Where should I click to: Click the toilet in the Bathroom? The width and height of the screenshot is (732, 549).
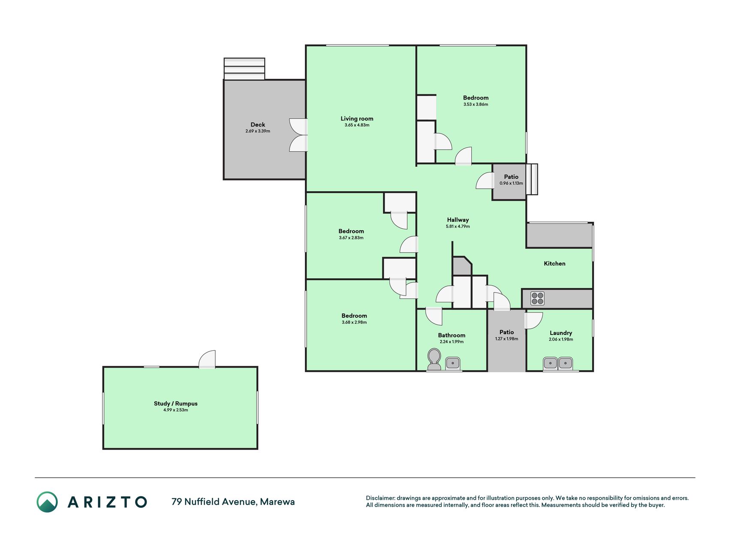(x=434, y=359)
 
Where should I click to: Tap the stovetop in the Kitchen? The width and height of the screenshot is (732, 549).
(x=537, y=298)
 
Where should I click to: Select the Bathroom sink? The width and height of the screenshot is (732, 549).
(x=453, y=363)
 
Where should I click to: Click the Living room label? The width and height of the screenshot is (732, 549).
(x=357, y=118)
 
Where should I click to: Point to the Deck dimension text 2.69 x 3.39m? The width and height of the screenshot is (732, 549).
(x=258, y=131)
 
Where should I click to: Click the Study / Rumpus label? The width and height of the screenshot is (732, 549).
(x=176, y=403)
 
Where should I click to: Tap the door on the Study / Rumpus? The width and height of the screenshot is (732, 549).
(x=207, y=359)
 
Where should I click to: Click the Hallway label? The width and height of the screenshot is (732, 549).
(x=458, y=220)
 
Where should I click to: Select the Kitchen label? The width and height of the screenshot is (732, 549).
(x=554, y=263)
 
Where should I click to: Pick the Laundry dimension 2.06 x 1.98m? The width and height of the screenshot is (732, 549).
(x=561, y=339)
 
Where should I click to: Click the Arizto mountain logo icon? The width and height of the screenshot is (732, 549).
(x=47, y=502)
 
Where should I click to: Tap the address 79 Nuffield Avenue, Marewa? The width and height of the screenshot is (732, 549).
(x=233, y=502)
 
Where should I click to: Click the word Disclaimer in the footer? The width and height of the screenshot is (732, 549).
(x=380, y=498)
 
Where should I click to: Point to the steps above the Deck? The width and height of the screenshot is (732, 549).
(x=244, y=69)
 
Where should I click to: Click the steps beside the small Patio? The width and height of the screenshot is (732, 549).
(x=532, y=179)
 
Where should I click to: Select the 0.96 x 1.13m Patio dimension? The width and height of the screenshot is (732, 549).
(x=511, y=183)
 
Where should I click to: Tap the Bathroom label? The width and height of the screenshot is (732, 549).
(x=452, y=335)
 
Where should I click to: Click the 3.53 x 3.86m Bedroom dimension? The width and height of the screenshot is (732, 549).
(x=476, y=104)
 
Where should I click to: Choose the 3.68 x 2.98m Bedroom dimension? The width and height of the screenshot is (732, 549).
(x=354, y=322)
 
